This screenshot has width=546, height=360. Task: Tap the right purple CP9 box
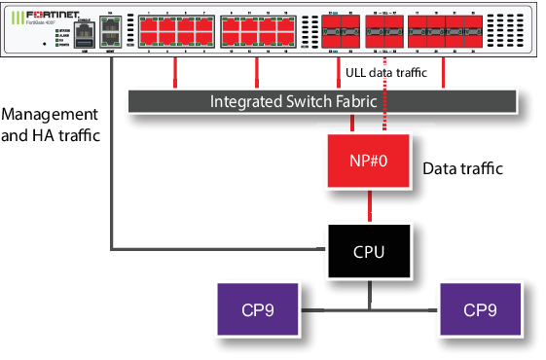click(x=480, y=310)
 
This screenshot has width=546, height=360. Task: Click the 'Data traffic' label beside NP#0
click(x=463, y=169)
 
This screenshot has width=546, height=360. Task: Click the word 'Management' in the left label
click(x=50, y=115)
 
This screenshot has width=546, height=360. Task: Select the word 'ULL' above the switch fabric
click(x=356, y=72)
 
